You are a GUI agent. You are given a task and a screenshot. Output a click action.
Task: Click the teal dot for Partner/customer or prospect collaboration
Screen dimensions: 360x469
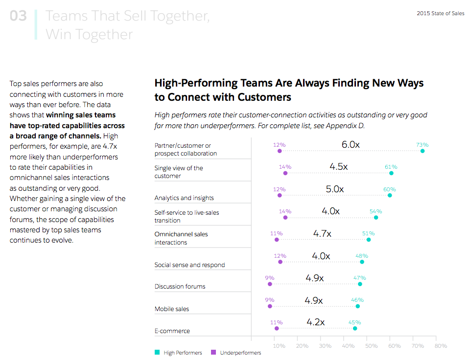pos(422,151)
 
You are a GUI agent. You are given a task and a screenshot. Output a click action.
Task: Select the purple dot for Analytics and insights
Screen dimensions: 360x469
pos(280,196)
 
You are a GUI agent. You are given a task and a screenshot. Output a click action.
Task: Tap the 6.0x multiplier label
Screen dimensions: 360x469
pos(351,145)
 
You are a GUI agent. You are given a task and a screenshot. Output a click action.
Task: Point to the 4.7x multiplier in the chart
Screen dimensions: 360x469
pos(322,234)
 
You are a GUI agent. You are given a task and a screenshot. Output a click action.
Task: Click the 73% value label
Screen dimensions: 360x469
pos(422,145)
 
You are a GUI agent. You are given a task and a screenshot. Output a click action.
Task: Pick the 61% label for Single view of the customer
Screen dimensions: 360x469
pos(391,167)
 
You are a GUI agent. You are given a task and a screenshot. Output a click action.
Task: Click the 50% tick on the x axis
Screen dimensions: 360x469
pos(371,346)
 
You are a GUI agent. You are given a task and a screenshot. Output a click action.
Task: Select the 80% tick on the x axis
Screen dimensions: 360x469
pos(441,346)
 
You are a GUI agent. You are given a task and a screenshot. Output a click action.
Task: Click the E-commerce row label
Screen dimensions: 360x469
pos(172,331)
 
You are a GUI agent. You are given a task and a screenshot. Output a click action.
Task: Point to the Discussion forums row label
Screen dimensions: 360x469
pos(180,287)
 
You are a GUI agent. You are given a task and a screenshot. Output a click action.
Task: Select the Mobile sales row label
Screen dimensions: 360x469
pos(171,309)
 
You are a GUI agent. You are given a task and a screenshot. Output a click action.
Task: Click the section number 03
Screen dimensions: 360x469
pos(19,16)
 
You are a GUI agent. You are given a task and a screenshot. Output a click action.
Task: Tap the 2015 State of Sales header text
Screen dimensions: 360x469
pos(440,14)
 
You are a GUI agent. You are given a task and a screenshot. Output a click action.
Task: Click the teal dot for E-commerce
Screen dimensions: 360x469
pos(355,329)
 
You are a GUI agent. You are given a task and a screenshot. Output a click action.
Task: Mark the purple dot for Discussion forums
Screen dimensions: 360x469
pos(270,284)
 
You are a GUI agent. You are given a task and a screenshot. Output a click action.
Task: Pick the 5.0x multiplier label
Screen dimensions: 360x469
pos(335,189)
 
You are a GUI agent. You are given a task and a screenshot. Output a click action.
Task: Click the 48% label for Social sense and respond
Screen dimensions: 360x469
pos(362,256)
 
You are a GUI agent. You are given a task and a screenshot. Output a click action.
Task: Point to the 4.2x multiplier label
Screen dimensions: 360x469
pos(316,322)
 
